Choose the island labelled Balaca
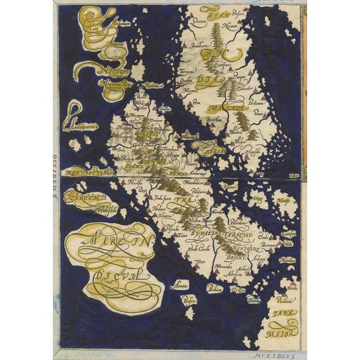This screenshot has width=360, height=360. click(215, 288)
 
